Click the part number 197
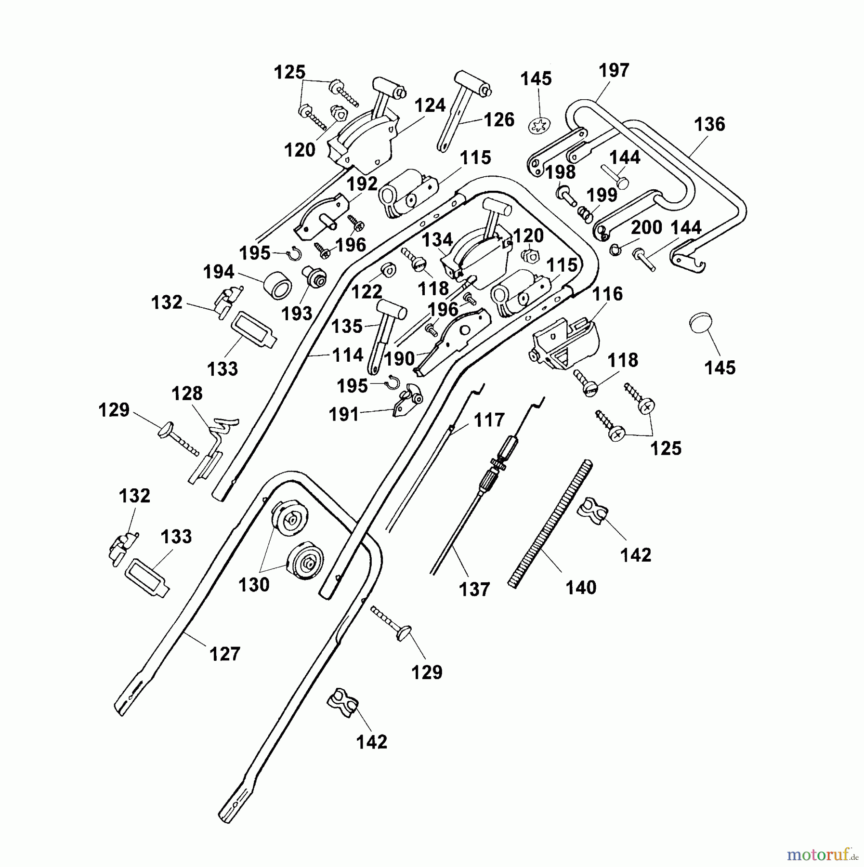pyautogui.click(x=614, y=71)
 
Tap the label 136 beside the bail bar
pyautogui.click(x=709, y=125)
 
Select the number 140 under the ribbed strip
pyautogui.click(x=581, y=588)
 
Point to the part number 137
pyautogui.click(x=474, y=590)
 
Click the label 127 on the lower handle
pyautogui.click(x=225, y=654)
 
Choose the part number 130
pyautogui.click(x=254, y=585)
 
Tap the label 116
pyautogui.click(x=607, y=294)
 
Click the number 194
pyautogui.click(x=219, y=272)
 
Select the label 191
pyautogui.click(x=344, y=414)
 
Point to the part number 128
pyautogui.click(x=187, y=394)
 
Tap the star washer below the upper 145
pyautogui.click(x=538, y=127)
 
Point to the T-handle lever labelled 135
pyautogui.click(x=383, y=332)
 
